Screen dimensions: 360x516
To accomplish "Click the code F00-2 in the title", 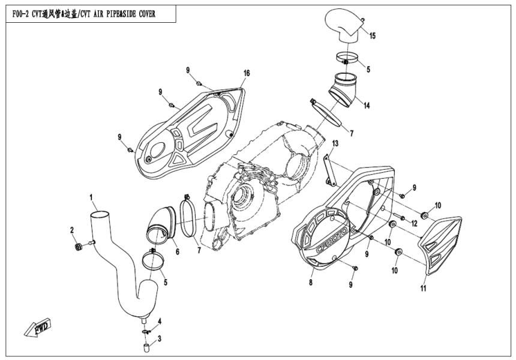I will point(23,14).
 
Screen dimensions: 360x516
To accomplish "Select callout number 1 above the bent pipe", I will point(91,197).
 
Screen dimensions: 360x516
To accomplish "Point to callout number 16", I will point(246,73).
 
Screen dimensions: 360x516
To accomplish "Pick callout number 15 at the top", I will point(372,37).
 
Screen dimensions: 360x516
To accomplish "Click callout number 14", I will point(366,105).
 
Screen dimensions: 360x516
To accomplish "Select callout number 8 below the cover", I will point(311,281).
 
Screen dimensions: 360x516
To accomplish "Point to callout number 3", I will point(159,339).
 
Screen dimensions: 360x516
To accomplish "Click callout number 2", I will point(71,230).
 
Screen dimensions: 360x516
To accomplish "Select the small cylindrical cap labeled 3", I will point(145,346).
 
